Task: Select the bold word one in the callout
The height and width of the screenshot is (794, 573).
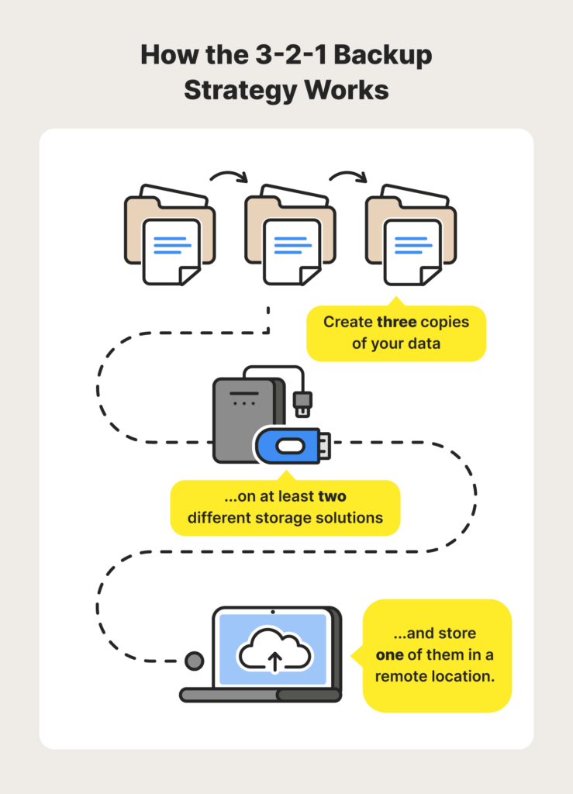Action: point(389,655)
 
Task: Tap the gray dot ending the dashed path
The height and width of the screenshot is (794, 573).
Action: point(194,661)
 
